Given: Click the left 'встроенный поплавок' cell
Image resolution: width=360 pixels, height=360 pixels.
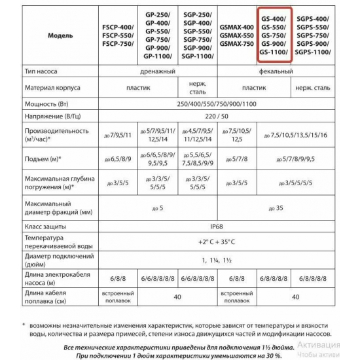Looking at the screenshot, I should pyautogui.click(x=115, y=297).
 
